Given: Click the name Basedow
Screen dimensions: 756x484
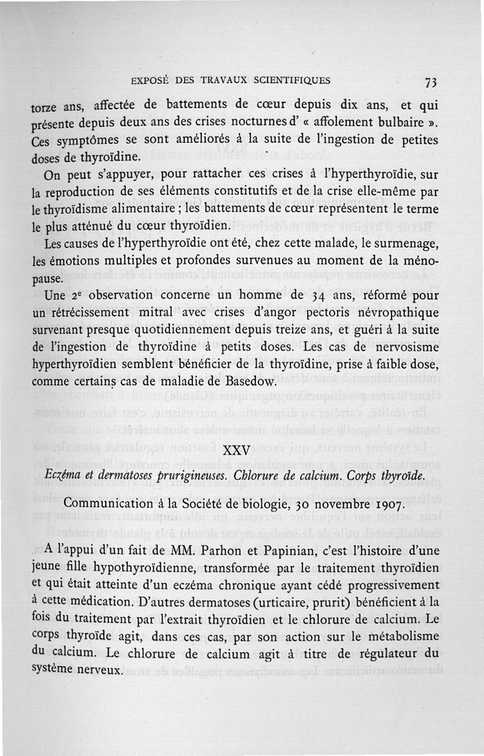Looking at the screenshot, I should click(247, 381).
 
